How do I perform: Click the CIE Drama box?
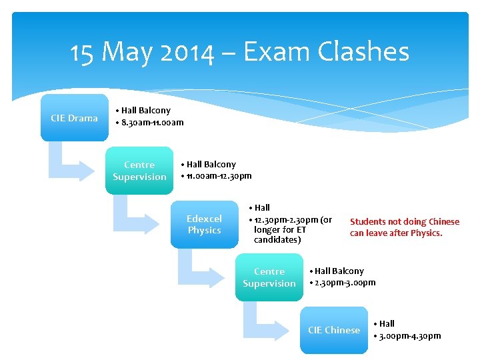click(74, 118)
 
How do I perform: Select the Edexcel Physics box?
click(204, 225)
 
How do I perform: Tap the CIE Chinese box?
click(334, 330)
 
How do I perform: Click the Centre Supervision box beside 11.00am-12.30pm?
click(139, 171)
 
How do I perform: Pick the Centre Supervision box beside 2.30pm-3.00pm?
click(269, 277)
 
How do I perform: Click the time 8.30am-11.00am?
click(153, 123)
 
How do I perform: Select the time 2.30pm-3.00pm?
click(346, 283)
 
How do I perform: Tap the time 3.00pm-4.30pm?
click(410, 335)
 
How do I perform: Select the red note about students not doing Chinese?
click(405, 227)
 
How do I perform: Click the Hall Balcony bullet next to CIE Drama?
click(145, 111)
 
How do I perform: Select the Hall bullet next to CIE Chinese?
click(387, 324)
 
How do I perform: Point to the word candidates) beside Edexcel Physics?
click(277, 240)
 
